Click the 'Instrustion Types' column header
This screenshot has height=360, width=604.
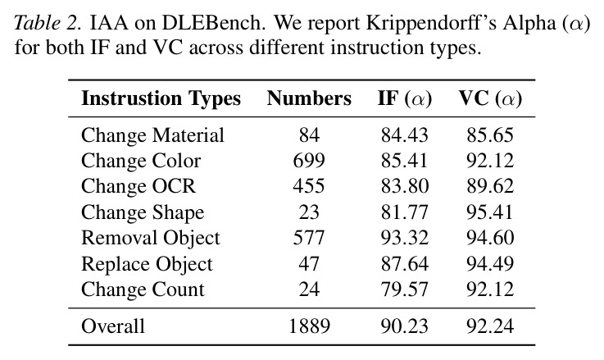pos(161,98)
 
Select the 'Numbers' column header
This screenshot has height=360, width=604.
pos(309,98)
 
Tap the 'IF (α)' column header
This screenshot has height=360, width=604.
pos(405,98)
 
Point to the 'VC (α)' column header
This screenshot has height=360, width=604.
pos(490,98)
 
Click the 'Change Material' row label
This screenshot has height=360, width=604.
pos(152,135)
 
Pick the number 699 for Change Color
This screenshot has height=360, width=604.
pos(309,161)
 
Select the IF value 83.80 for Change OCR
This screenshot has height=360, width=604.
pos(405,186)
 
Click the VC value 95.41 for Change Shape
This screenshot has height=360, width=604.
pos(490,212)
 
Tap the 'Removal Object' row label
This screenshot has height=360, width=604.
pos(151,238)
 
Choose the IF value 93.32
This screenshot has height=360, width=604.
pos(405,238)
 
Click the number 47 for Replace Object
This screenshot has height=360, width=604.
pos(309,263)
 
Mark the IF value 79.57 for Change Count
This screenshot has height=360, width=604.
pos(405,289)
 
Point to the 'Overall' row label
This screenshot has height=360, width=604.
pos(113,326)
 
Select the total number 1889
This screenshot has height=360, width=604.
pos(309,326)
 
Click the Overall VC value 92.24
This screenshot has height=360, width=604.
pos(490,326)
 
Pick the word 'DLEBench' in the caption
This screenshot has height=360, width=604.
pos(211,23)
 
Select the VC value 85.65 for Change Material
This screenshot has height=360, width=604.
pos(490,135)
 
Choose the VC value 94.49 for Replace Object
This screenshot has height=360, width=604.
pos(490,263)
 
